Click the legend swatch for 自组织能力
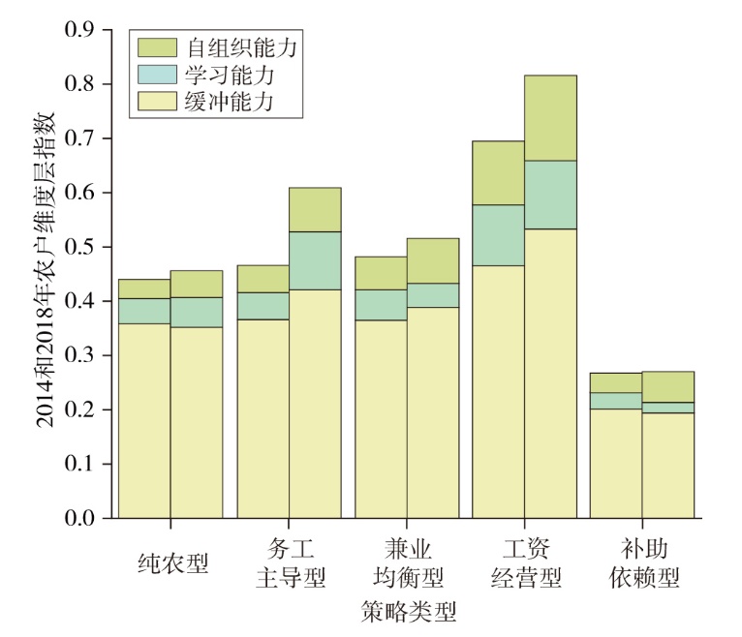[158, 46]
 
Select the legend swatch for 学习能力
[158, 73]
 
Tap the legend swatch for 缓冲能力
[158, 99]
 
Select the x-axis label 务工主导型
[291, 563]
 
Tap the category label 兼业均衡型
[408, 563]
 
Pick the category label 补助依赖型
[644, 563]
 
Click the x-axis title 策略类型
[408, 612]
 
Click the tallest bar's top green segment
[550, 118]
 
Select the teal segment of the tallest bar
[550, 195]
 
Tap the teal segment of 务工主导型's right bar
[315, 260]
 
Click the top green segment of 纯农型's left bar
[144, 288]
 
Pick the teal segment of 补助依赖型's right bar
[669, 408]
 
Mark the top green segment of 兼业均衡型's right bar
[432, 260]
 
